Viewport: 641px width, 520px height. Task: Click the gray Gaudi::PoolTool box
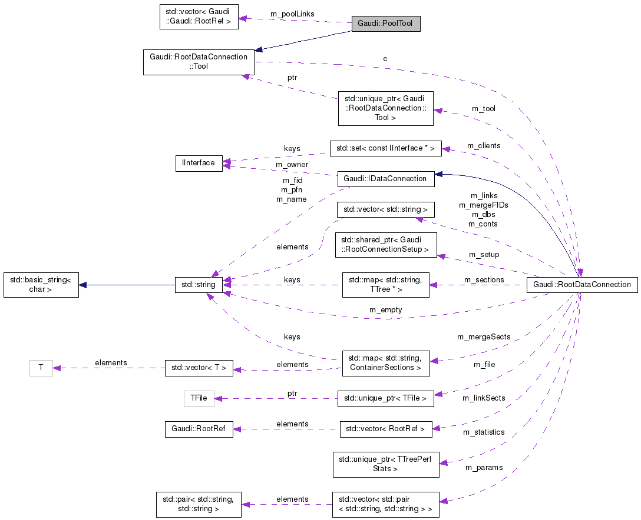(385, 24)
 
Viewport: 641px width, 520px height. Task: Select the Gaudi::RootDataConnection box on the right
(581, 285)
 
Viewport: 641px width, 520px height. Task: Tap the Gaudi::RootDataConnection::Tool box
(199, 62)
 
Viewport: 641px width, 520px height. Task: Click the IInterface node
(199, 163)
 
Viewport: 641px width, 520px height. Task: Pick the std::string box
(199, 285)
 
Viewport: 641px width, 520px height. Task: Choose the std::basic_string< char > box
(41, 285)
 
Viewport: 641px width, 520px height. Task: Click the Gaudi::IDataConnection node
(385, 179)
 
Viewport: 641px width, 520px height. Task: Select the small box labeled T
(41, 368)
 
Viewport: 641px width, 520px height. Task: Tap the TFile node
(199, 399)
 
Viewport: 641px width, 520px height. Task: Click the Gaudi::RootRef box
(199, 429)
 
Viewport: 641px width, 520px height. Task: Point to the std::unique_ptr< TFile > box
(385, 399)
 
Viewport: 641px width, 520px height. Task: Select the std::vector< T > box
(199, 368)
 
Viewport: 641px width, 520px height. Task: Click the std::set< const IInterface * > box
(385, 148)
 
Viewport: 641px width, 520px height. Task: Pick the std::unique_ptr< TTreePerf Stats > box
(385, 465)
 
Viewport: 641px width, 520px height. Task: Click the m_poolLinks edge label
(292, 14)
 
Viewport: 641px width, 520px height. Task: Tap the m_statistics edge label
(484, 432)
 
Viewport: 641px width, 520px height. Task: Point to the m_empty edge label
(385, 310)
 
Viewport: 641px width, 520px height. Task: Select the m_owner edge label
(292, 164)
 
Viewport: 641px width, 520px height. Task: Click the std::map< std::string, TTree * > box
(385, 285)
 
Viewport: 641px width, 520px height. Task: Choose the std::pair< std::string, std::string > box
(199, 504)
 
